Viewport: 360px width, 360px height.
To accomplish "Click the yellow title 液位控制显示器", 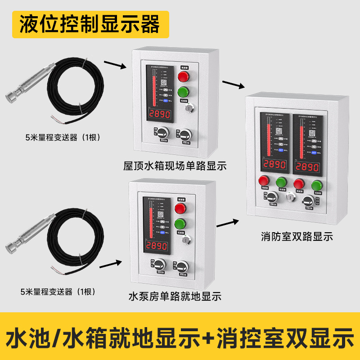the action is (x=90, y=23).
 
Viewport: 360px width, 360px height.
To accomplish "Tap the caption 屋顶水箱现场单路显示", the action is (x=175, y=166).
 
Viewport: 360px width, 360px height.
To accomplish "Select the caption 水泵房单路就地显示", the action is (x=175, y=297).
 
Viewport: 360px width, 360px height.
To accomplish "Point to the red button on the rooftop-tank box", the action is (x=183, y=76).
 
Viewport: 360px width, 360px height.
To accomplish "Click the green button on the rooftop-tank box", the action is (x=183, y=92).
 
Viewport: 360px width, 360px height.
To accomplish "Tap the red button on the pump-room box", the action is (x=180, y=208).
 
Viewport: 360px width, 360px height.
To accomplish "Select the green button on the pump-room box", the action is (x=180, y=224).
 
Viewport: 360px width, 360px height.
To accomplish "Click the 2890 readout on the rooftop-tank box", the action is (x=160, y=114).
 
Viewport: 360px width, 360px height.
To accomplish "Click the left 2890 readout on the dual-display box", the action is (x=274, y=165).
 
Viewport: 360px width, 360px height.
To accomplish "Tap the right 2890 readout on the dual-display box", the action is (x=309, y=167).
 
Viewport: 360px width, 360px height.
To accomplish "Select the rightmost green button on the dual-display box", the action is (x=317, y=184).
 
